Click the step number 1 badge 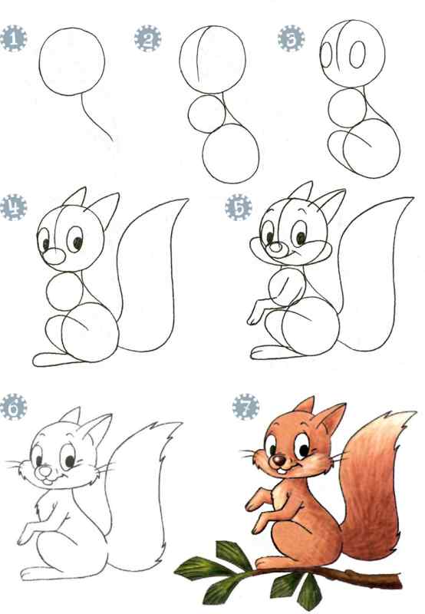coord(13,38)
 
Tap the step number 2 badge coord(147,38)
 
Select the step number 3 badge coord(292,38)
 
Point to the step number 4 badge coord(13,207)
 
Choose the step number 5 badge coord(239,207)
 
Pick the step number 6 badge coord(13,408)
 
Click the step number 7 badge coord(245,408)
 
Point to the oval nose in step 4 coord(54,256)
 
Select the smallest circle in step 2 coord(206,114)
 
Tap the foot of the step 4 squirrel coord(51,359)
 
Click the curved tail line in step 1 coord(94,120)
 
